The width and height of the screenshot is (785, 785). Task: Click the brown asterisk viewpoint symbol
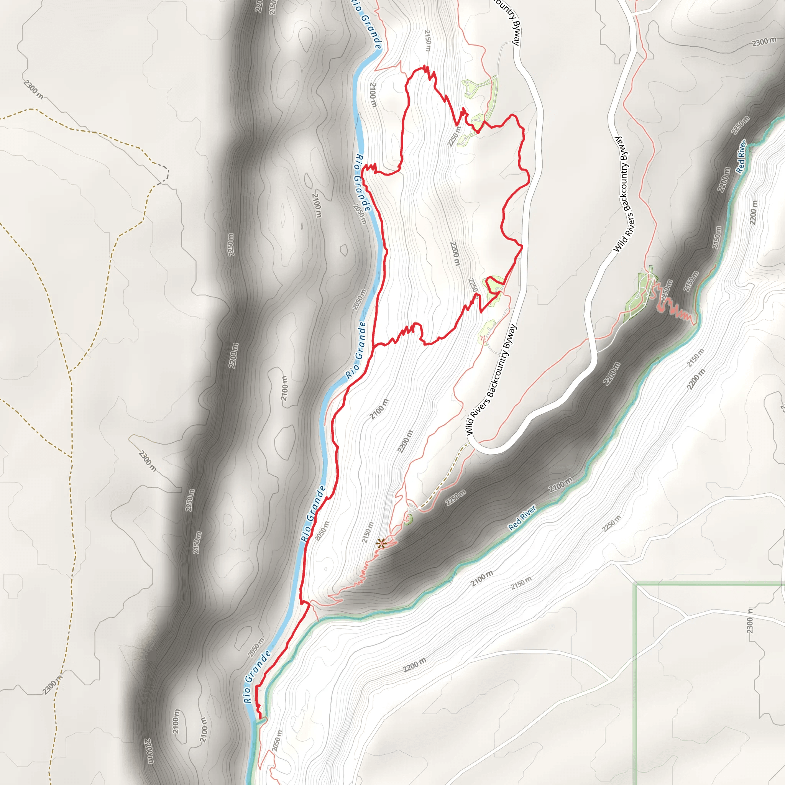pos(381,544)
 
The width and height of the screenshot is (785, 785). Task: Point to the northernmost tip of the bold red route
pos(425,66)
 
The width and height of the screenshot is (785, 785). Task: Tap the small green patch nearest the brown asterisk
pos(408,519)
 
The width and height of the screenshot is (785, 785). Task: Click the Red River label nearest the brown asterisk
pos(522,517)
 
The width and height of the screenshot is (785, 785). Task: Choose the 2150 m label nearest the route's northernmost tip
pos(427,41)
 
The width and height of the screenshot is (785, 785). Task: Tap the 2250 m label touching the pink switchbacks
pos(666,290)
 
